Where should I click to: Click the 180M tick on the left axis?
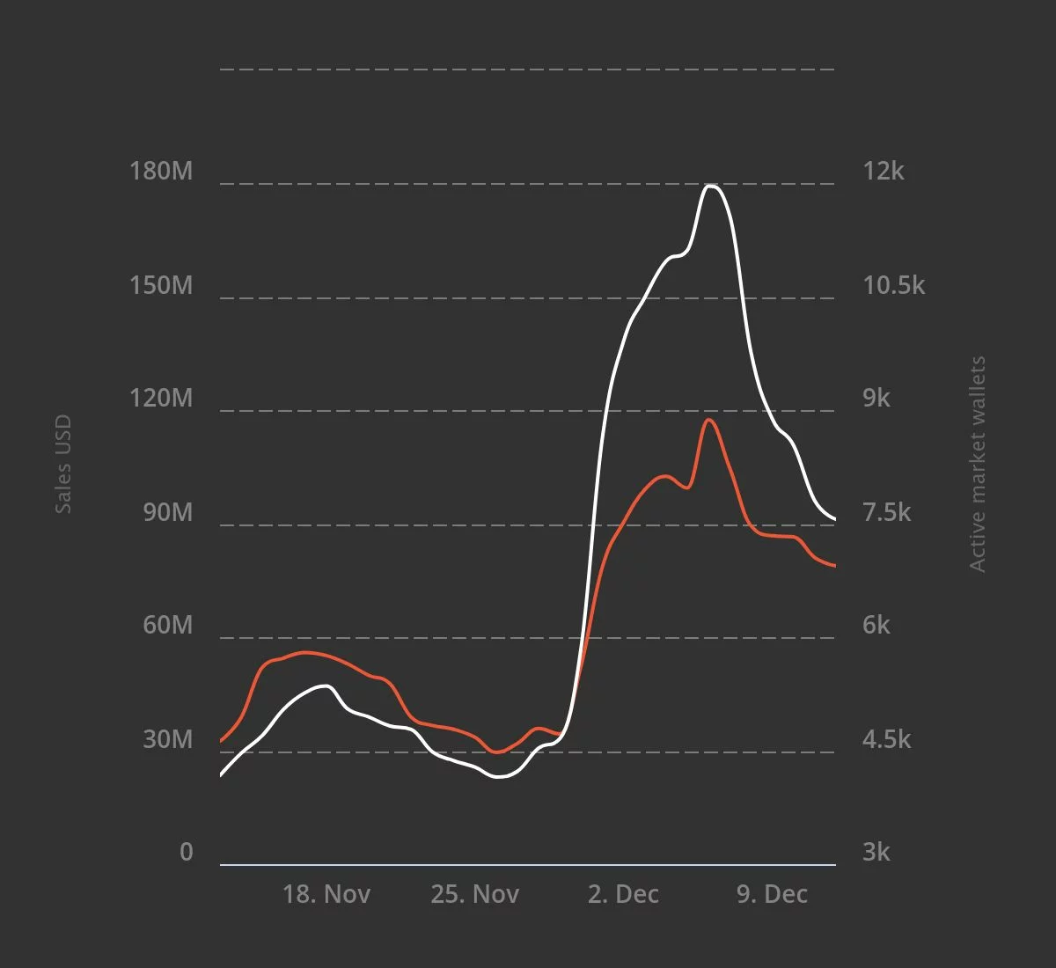161,171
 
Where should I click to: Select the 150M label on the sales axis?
161,285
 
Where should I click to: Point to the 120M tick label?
161,398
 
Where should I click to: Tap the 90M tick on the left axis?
167,512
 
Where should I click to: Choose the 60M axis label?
167,625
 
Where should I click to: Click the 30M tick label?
167,739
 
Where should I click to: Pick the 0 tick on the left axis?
186,852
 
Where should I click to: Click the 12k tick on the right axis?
883,171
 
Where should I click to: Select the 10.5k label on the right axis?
893,285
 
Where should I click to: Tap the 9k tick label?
876,398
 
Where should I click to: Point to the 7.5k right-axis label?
887,512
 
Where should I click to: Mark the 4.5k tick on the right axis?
887,739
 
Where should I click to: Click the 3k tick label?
876,852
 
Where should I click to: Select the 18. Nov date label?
326,894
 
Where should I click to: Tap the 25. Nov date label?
475,894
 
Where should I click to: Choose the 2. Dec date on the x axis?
623,894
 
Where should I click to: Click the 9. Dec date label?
772,894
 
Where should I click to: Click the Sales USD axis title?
62,465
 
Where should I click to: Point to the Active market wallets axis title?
978,464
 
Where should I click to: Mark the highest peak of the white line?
711,186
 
